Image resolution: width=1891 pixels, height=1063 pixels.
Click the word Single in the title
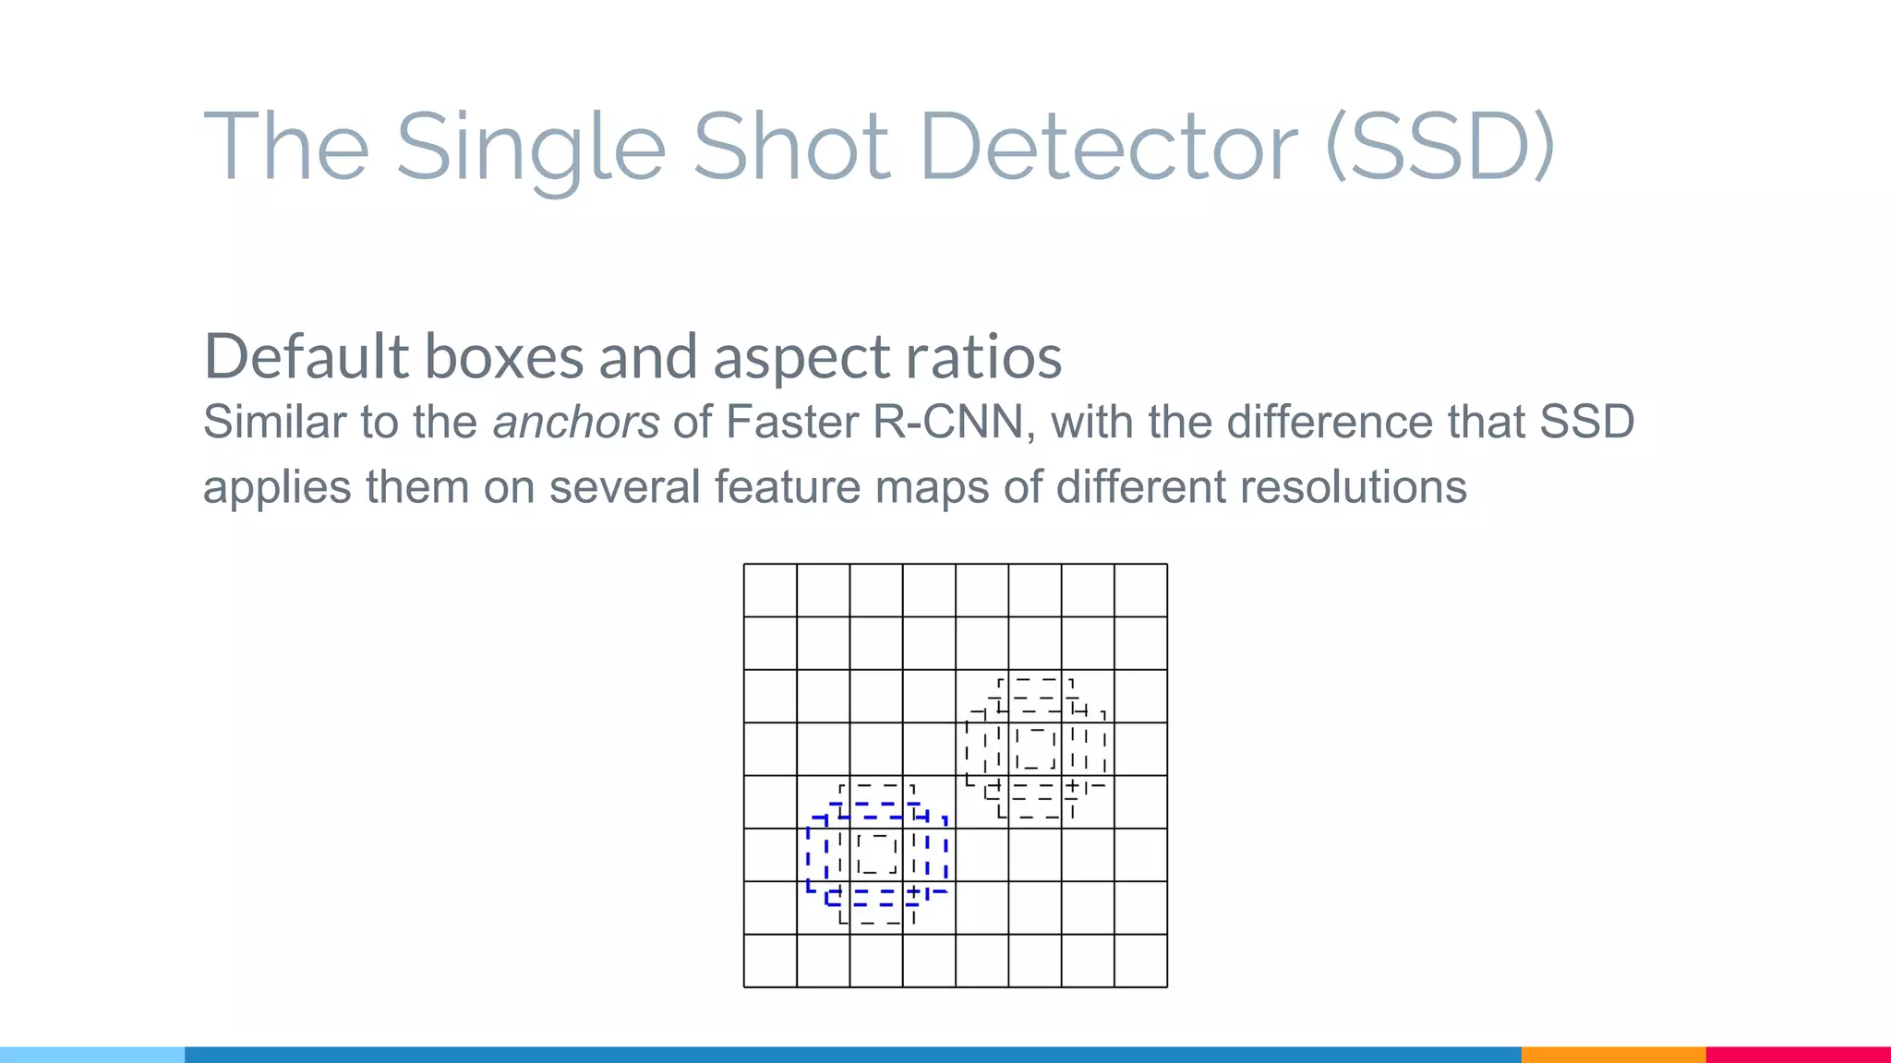coord(530,148)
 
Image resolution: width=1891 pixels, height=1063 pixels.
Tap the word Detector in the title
coord(1109,148)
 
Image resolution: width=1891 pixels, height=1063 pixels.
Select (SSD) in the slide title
coord(1441,148)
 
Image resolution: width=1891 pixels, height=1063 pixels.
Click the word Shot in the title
coord(791,148)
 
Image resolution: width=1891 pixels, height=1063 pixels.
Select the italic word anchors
coord(576,423)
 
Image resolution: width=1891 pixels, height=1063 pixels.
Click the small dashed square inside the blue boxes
coord(876,854)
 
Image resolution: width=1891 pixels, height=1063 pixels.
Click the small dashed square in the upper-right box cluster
coord(1035,748)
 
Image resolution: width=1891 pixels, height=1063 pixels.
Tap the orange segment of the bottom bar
coord(1613,1055)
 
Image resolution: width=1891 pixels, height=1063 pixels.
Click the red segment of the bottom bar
coord(1798,1055)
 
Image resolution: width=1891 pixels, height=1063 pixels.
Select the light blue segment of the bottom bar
coord(92,1055)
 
